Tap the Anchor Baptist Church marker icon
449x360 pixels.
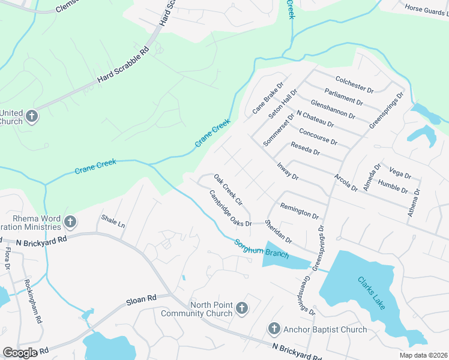pos(273,329)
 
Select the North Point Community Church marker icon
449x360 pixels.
pos(241,308)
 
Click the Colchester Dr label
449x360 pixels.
pos(354,83)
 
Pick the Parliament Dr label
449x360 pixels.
pos(343,95)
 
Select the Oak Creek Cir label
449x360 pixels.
pos(228,189)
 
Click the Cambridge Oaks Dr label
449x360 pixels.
pos(230,208)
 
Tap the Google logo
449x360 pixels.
pos(20,353)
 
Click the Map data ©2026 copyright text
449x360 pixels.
pos(424,355)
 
